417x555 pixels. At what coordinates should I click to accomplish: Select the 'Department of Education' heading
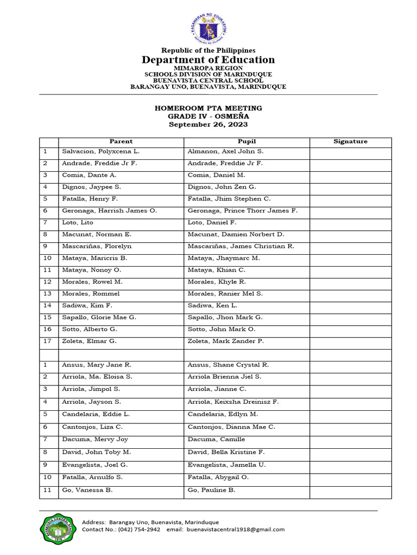pos(208,60)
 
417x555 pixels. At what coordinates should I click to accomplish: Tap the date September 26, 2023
pos(208,124)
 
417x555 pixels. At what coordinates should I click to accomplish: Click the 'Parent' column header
pos(121,141)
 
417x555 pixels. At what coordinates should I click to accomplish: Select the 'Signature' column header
pos(350,141)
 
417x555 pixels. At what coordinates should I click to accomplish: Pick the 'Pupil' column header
pos(247,141)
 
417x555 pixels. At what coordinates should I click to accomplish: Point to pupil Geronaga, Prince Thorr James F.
pos(242,211)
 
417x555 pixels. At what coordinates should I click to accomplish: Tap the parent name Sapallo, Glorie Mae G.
pos(99,317)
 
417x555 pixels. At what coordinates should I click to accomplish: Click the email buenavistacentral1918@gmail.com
pos(236,530)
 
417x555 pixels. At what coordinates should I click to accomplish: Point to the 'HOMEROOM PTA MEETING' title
pos(208,108)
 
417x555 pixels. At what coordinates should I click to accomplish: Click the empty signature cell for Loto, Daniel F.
pos(350,223)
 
